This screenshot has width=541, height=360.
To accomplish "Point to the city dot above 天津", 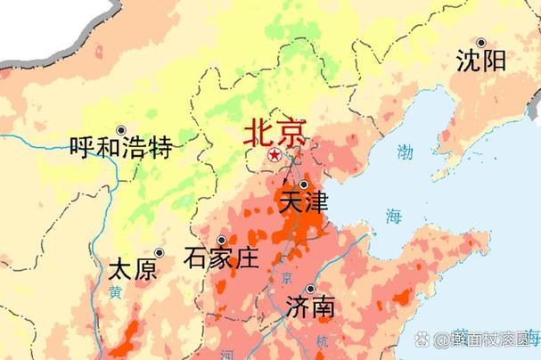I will coord(304,184).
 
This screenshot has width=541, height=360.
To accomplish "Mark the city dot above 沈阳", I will coord(481,43).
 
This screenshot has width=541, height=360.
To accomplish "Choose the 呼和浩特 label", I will coord(121,146).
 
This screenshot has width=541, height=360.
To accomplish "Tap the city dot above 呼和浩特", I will coord(121,129).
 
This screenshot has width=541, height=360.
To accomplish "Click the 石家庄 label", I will coord(220,258).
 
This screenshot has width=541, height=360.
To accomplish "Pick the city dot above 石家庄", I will coord(221,240).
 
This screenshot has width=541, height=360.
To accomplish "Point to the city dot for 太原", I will coord(160,253).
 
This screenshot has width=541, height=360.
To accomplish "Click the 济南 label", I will coord(311,307).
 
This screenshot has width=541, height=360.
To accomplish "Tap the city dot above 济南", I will coord(310,290).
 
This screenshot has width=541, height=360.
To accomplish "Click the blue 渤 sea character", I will coord(406,151).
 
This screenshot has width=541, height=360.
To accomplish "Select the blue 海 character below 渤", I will coord(394,215).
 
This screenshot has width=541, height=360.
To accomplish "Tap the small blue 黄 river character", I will coord(115,291).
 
